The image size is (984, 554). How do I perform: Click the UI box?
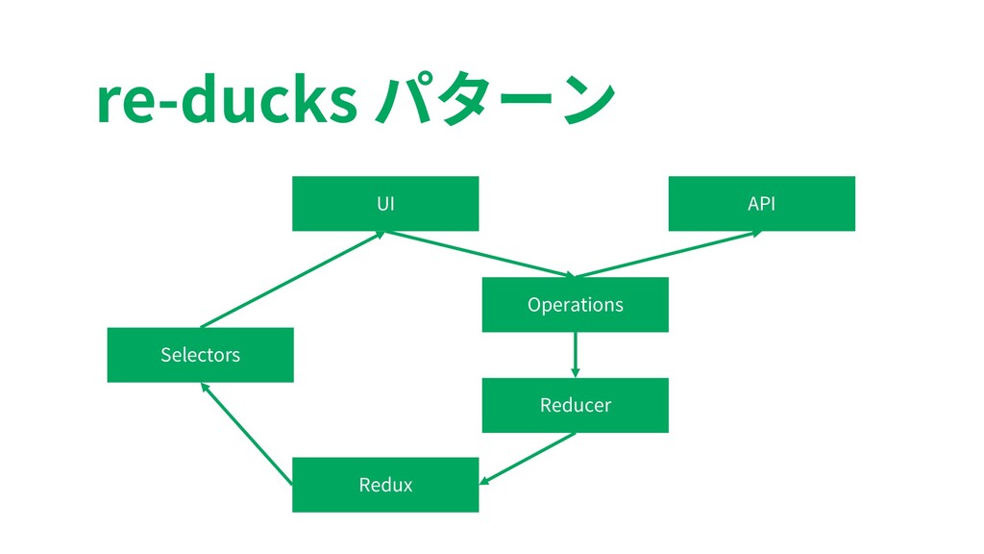[385, 204]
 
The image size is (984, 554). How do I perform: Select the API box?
[761, 204]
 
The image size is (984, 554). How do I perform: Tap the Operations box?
[575, 305]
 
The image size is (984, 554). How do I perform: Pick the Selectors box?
[200, 355]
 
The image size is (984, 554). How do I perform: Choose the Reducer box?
[575, 405]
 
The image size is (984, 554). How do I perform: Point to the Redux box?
[385, 485]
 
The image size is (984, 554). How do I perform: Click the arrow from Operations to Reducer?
[575, 355]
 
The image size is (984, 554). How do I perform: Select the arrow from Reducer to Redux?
[528, 459]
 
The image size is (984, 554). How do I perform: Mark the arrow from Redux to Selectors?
[246, 434]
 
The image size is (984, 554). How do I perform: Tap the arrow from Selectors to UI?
[293, 280]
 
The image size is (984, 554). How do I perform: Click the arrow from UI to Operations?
[480, 254]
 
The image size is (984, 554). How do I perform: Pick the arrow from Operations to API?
[669, 254]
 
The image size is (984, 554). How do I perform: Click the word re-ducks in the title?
[227, 100]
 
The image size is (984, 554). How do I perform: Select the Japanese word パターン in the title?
[496, 99]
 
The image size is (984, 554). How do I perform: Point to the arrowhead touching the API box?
[756, 234]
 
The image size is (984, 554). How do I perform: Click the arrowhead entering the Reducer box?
[575, 373]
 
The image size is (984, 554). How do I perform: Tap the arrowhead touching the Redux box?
[484, 481]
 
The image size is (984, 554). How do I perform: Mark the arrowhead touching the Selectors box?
[204, 388]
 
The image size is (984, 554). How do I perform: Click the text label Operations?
[575, 305]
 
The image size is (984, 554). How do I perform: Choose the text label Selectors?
[200, 355]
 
